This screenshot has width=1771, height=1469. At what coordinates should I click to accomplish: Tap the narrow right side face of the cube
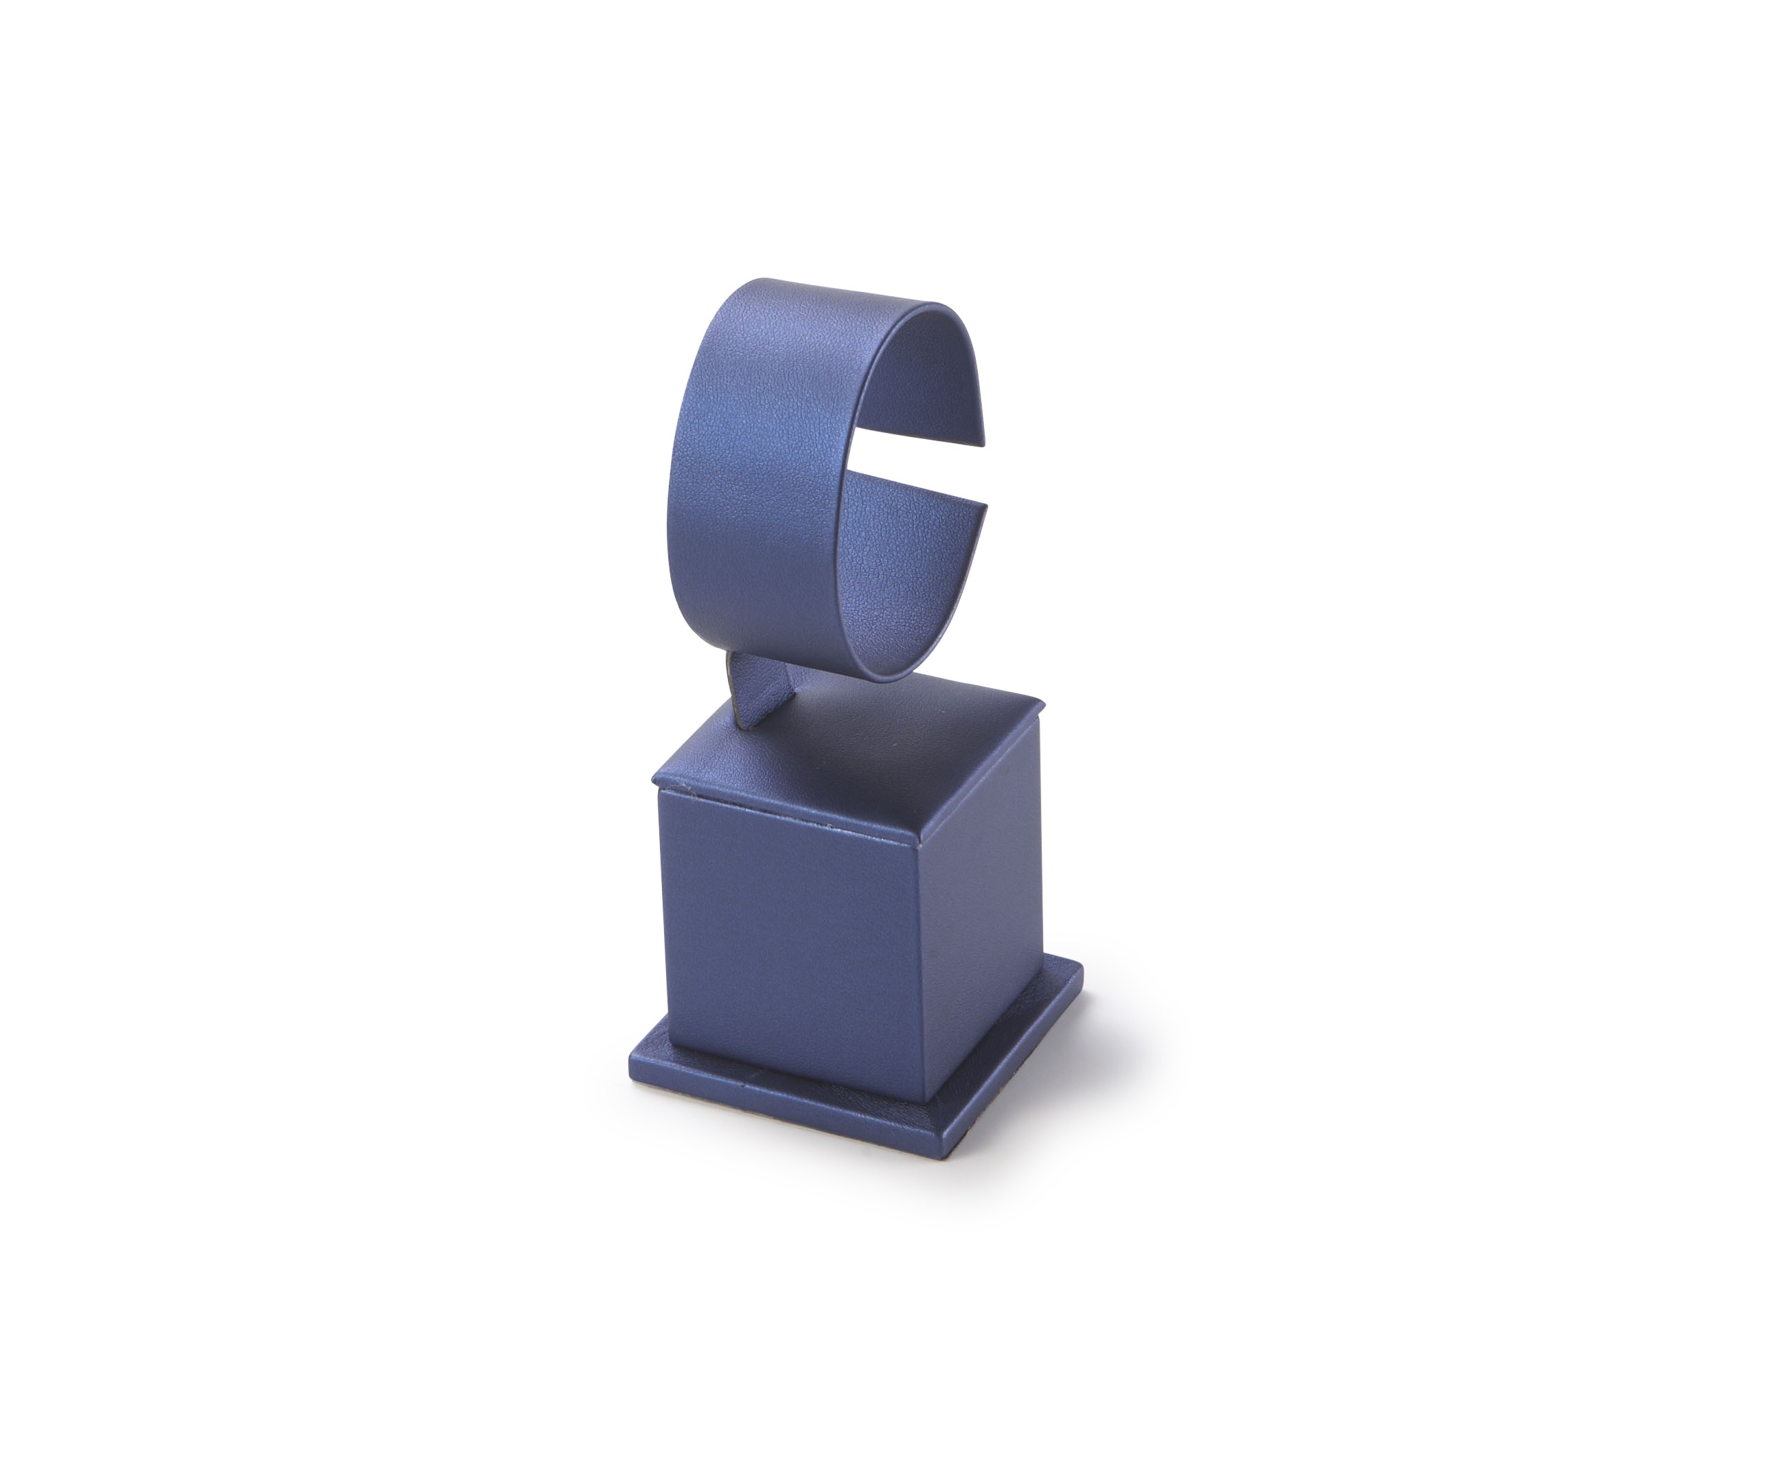(x=982, y=911)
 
